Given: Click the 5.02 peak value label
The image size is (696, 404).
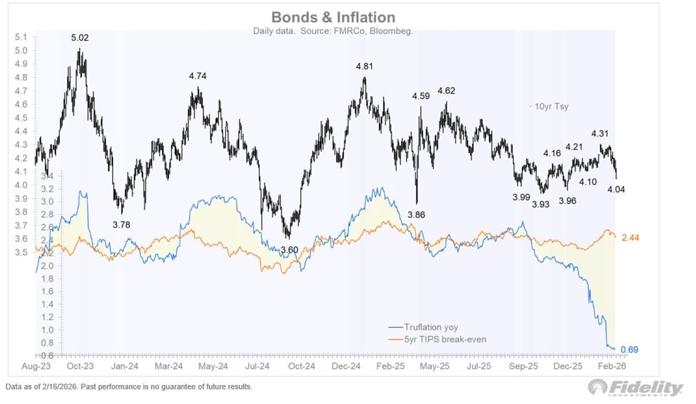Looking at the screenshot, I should click(x=81, y=38).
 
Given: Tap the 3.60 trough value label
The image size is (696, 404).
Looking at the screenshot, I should click(x=289, y=250).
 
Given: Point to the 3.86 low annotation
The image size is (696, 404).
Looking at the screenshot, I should click(x=416, y=215).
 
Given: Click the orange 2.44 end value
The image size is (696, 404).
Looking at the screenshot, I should click(x=630, y=238).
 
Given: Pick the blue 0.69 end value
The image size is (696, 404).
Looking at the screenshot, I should click(x=630, y=350).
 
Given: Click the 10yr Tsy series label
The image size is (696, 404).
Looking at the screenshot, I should click(x=548, y=107).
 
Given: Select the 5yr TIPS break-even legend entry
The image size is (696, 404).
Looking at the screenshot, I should click(x=437, y=339).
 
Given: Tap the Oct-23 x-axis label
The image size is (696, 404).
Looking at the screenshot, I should click(x=80, y=366).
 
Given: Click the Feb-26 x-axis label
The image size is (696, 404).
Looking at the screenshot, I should click(x=612, y=366).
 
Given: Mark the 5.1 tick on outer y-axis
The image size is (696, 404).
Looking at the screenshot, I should click(x=20, y=37).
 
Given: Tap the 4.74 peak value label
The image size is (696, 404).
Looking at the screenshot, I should click(x=198, y=76).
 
